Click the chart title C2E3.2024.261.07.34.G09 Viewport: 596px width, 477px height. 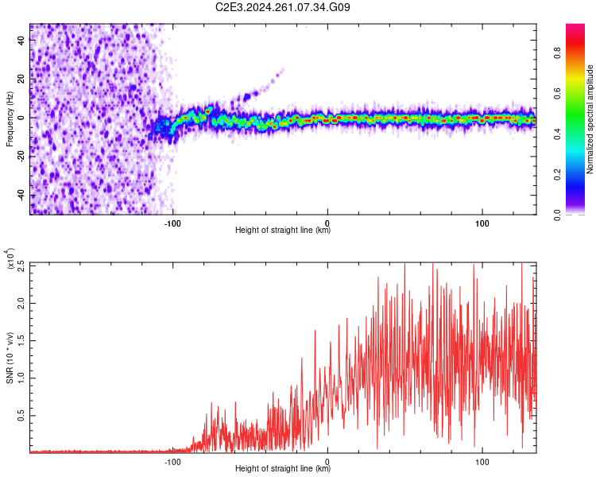[x=283, y=7]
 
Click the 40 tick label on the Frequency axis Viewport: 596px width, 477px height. [x=21, y=40]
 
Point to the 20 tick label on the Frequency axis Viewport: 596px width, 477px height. [x=21, y=79]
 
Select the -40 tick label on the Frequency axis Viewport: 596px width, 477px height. [x=21, y=194]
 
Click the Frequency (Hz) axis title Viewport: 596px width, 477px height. [x=10, y=118]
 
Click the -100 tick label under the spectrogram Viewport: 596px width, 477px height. [x=172, y=223]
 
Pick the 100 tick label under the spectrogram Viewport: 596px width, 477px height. [x=482, y=223]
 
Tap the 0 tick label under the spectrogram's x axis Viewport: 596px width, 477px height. [x=327, y=223]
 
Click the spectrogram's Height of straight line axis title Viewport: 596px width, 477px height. [x=283, y=230]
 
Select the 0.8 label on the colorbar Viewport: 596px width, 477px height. [x=557, y=53]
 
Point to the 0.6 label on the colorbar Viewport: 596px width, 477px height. [x=557, y=93]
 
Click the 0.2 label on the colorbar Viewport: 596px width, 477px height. [x=557, y=174]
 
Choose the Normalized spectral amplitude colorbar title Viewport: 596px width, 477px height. [x=590, y=119]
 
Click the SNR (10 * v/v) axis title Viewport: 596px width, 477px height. [x=10, y=358]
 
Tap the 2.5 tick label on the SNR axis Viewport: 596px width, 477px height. [x=21, y=266]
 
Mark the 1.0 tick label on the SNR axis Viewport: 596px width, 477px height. [x=21, y=378]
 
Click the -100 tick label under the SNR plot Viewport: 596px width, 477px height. [x=172, y=462]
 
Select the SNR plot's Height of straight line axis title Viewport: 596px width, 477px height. [x=283, y=468]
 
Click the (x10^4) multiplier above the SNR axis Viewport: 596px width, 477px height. [x=10, y=258]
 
